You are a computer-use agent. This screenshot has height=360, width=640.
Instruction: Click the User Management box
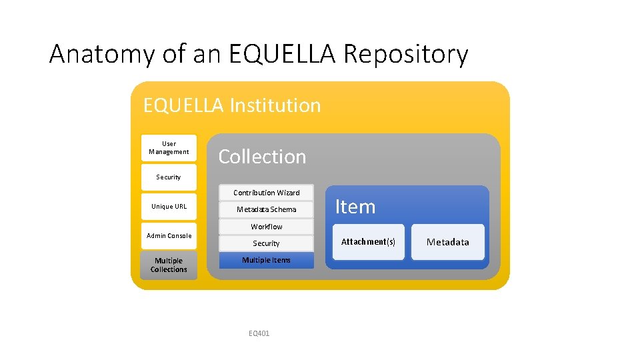[169, 147]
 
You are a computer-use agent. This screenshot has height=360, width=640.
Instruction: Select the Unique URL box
[169, 206]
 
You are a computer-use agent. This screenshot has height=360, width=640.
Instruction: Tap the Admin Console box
[169, 235]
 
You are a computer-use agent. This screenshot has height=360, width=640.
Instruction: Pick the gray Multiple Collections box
[169, 265]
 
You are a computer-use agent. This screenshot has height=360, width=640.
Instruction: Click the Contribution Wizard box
[266, 193]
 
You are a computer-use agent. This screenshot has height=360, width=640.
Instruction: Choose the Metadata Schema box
[266, 209]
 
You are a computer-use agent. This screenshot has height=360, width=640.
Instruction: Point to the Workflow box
[266, 227]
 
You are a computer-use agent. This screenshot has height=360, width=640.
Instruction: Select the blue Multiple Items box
[266, 260]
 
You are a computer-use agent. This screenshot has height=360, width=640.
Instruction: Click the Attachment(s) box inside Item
[368, 242]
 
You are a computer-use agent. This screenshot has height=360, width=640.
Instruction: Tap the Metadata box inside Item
[447, 242]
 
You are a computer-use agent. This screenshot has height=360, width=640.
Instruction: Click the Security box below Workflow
[266, 243]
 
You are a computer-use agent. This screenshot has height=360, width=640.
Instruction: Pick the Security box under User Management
[169, 177]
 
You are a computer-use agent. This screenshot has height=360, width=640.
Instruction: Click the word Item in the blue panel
[355, 207]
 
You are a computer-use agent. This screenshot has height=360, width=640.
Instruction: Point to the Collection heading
[262, 157]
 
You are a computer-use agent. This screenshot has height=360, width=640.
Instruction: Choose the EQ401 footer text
[258, 333]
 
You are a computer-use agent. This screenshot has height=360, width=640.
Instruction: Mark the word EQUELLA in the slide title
[282, 54]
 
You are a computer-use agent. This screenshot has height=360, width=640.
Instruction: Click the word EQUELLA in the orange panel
[183, 105]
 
